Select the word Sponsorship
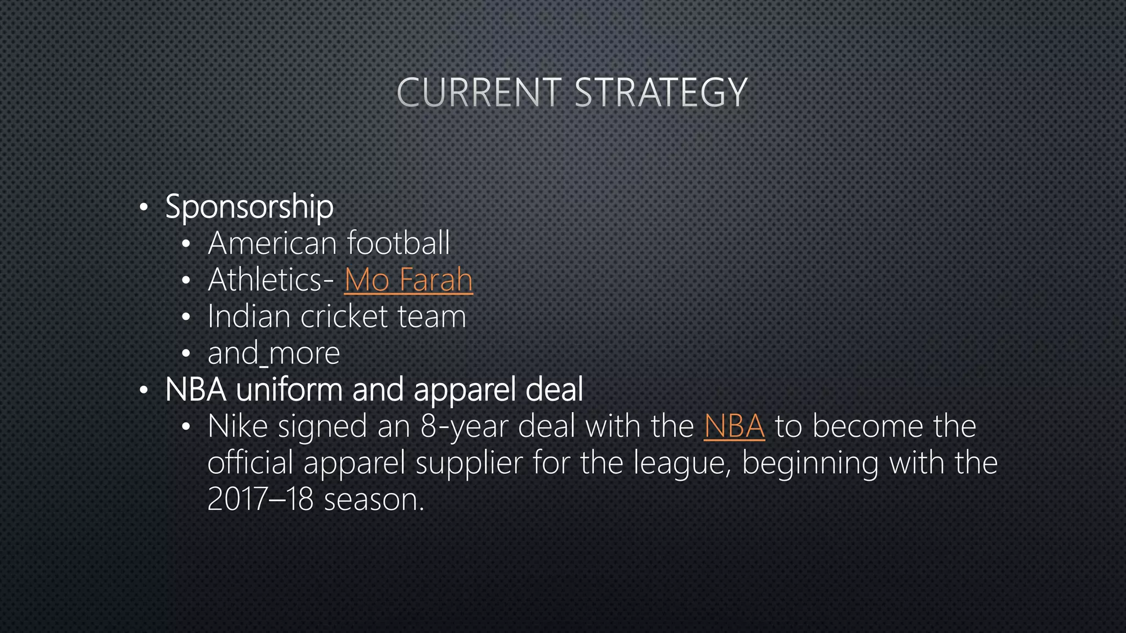[x=249, y=207]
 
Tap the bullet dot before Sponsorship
[x=143, y=208]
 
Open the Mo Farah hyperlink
[x=409, y=280]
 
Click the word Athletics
[x=266, y=280]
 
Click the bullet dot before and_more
[x=186, y=354]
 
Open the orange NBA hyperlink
[x=734, y=426]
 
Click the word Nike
[x=238, y=426]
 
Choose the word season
[x=374, y=499]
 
